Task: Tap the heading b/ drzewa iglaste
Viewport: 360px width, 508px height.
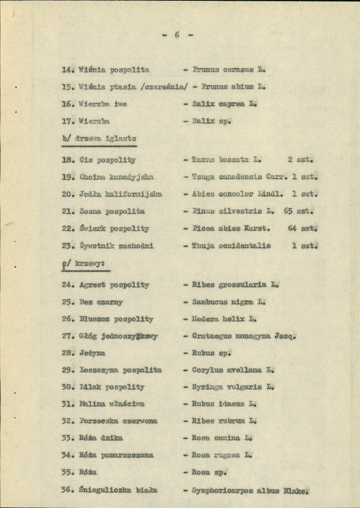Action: point(99,138)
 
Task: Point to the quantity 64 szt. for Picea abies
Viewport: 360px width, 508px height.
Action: point(303,228)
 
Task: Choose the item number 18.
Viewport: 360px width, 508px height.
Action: point(68,160)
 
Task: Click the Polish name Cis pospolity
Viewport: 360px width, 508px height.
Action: point(108,160)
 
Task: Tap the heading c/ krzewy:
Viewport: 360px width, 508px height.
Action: point(85,263)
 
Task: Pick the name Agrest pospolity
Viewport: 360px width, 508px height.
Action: point(114,285)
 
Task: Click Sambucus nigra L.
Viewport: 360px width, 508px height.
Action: point(228,302)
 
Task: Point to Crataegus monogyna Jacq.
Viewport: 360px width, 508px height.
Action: point(243,336)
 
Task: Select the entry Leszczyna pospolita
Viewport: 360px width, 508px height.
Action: point(120,370)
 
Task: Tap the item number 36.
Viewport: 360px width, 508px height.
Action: point(68,490)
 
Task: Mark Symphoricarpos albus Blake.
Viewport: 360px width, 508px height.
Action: point(249,491)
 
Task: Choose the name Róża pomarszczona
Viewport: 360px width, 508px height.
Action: point(116,455)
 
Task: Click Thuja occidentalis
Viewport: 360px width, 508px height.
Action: point(231,245)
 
